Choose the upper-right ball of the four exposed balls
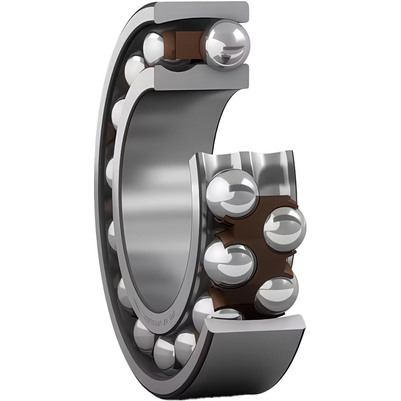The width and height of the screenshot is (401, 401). [x=285, y=227]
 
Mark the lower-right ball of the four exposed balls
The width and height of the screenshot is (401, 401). [x=277, y=294]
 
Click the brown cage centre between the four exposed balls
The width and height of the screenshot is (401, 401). [x=257, y=245]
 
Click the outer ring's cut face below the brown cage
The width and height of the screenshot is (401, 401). [x=257, y=323]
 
